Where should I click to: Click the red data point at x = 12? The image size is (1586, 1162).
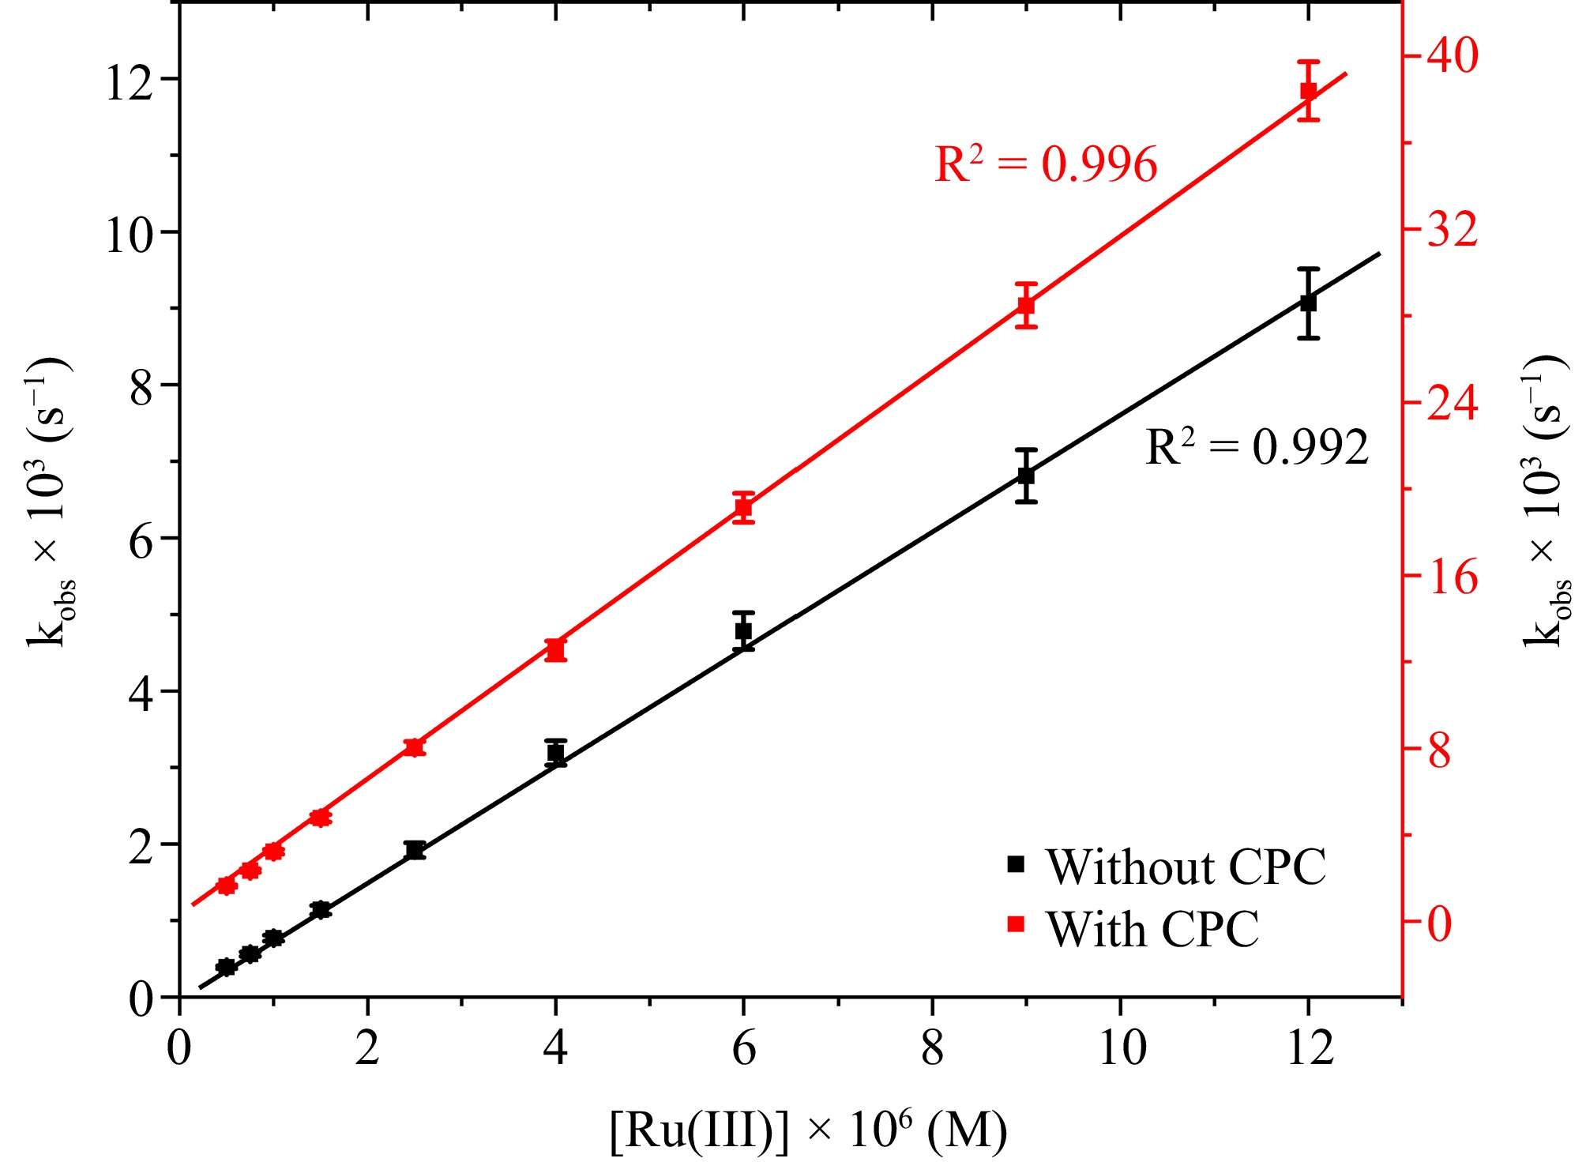pos(1309,91)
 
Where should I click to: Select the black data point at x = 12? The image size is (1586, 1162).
pos(1309,303)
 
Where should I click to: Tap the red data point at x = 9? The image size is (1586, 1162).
pos(1026,305)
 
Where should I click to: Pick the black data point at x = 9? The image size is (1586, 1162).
pos(1026,476)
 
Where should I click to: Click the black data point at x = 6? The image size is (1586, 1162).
pos(743,631)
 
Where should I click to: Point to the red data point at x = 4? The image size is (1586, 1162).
pos(556,650)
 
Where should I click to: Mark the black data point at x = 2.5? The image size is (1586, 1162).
pos(415,850)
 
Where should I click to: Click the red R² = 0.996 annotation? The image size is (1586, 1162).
pos(1046,164)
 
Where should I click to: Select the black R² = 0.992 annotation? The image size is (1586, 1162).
pos(1257,448)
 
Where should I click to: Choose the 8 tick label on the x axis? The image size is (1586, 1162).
pos(933,1049)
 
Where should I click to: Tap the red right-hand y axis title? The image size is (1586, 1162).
pos(1547,502)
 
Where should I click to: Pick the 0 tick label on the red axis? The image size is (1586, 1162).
pos(1440,923)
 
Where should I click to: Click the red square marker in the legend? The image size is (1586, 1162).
pos(1017,924)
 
